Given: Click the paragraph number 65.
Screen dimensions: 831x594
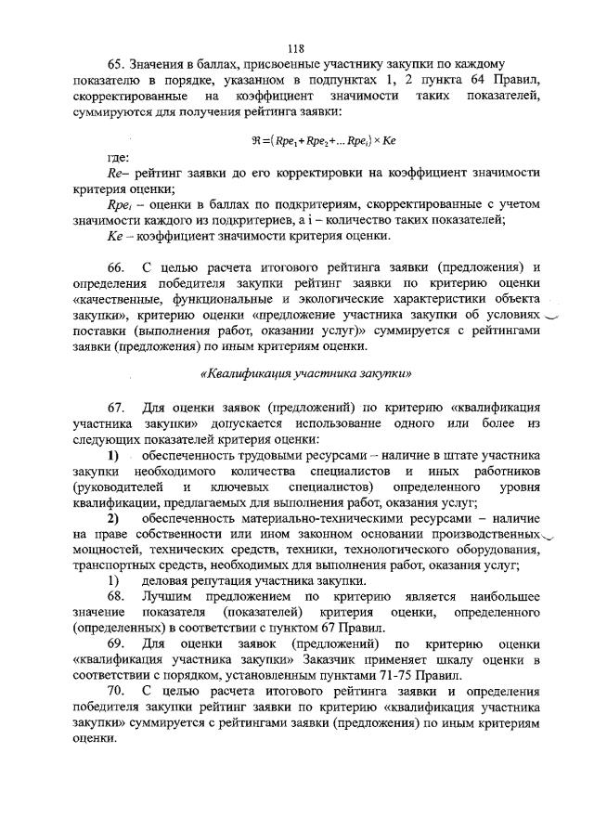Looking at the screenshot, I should tap(116, 67).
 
